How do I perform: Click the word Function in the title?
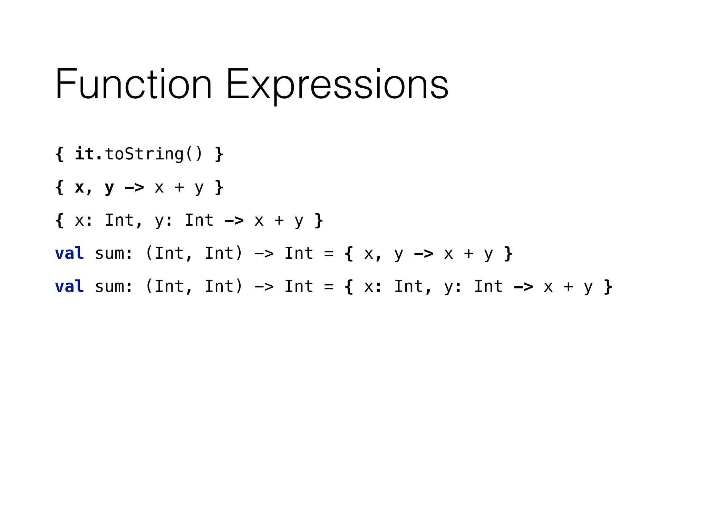133,85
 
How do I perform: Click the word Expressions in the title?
337,85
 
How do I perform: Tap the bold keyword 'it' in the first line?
85,154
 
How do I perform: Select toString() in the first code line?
154,154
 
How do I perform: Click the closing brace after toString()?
219,154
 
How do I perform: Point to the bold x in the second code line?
79,187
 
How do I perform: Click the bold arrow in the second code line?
134,188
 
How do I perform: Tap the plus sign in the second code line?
179,187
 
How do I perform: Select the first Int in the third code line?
119,220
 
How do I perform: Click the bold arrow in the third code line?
234,220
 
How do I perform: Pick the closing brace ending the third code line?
319,220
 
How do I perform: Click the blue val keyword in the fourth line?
69,253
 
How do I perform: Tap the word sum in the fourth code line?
109,254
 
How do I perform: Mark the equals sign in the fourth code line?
329,254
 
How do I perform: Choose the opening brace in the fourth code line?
349,254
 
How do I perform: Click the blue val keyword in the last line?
69,286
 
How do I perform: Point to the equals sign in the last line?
329,287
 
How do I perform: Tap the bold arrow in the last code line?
523,287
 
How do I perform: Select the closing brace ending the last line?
608,287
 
